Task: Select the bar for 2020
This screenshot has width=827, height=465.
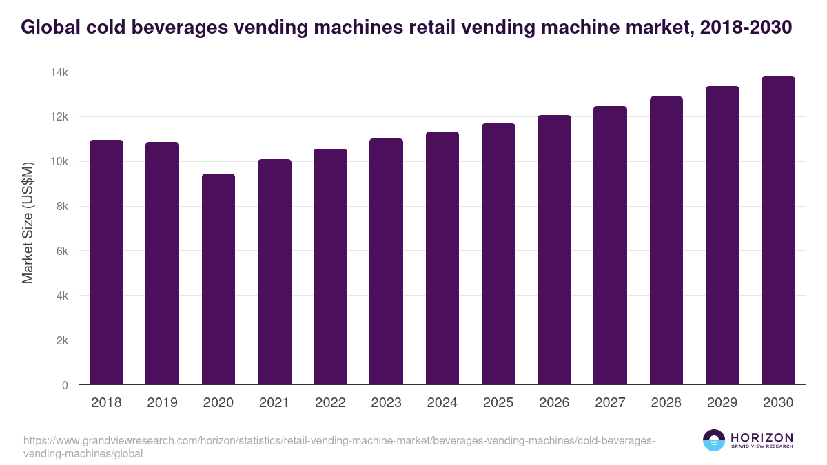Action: pyautogui.click(x=218, y=279)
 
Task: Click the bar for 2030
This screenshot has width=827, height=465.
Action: pyautogui.click(x=778, y=231)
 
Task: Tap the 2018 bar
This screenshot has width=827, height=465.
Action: pyautogui.click(x=106, y=262)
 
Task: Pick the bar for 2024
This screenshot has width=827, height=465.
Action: pyautogui.click(x=442, y=258)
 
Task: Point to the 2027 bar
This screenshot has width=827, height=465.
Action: pyautogui.click(x=610, y=245)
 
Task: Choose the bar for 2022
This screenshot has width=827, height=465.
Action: pyautogui.click(x=330, y=267)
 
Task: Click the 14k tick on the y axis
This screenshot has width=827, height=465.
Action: pyautogui.click(x=59, y=72)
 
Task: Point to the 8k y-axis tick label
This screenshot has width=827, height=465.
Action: pyautogui.click(x=61, y=207)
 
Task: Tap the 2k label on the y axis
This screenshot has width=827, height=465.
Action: pyautogui.click(x=61, y=340)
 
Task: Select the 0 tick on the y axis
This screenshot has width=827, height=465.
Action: pyautogui.click(x=65, y=385)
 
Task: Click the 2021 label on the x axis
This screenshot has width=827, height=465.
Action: pyautogui.click(x=274, y=403)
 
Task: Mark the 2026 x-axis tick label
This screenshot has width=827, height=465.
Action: pyautogui.click(x=554, y=403)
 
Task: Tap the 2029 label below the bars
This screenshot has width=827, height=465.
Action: pyautogui.click(x=722, y=403)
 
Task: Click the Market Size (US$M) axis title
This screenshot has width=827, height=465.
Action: pyautogui.click(x=28, y=223)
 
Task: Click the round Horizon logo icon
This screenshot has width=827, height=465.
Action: pyautogui.click(x=714, y=440)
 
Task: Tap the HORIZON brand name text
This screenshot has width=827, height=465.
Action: pyautogui.click(x=762, y=437)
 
